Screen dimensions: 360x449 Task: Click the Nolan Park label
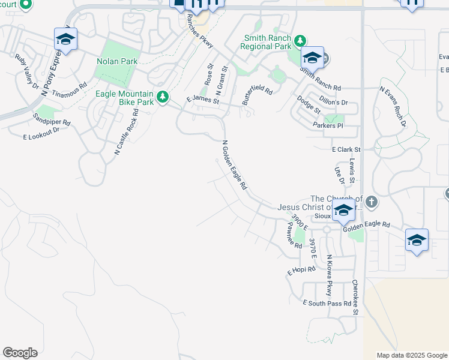(117, 61)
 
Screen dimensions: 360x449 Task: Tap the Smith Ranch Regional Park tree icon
(300, 41)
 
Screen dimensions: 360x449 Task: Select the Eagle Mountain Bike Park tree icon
(162, 97)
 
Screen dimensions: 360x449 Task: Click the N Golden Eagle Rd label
(234, 165)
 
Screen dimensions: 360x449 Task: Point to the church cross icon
(372, 202)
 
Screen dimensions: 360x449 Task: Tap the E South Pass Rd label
(327, 304)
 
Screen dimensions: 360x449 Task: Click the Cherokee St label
(355, 297)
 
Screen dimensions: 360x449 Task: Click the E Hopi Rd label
(301, 270)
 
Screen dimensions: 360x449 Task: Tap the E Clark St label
(346, 149)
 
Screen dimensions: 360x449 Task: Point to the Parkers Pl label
(328, 125)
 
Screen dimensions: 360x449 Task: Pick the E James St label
(203, 100)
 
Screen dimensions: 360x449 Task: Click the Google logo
(20, 353)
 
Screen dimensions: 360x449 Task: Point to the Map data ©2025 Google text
(412, 355)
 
